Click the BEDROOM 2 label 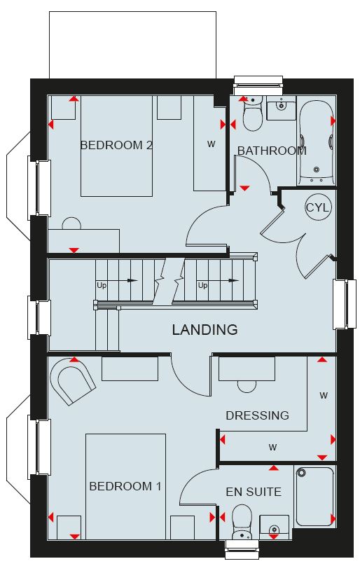tap(116, 145)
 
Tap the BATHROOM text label tap(272, 151)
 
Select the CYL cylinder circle tap(317, 207)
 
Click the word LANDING tap(205, 329)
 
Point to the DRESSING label tap(258, 415)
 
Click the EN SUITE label tap(254, 492)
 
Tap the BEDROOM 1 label tap(125, 486)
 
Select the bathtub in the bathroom tap(317, 143)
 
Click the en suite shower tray tap(314, 497)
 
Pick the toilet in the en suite tap(242, 522)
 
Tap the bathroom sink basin tap(282, 108)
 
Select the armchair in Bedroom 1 tap(73, 381)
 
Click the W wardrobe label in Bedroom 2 tap(212, 144)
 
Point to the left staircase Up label tap(102, 286)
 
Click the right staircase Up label tap(202, 286)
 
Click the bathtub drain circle tap(317, 169)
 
